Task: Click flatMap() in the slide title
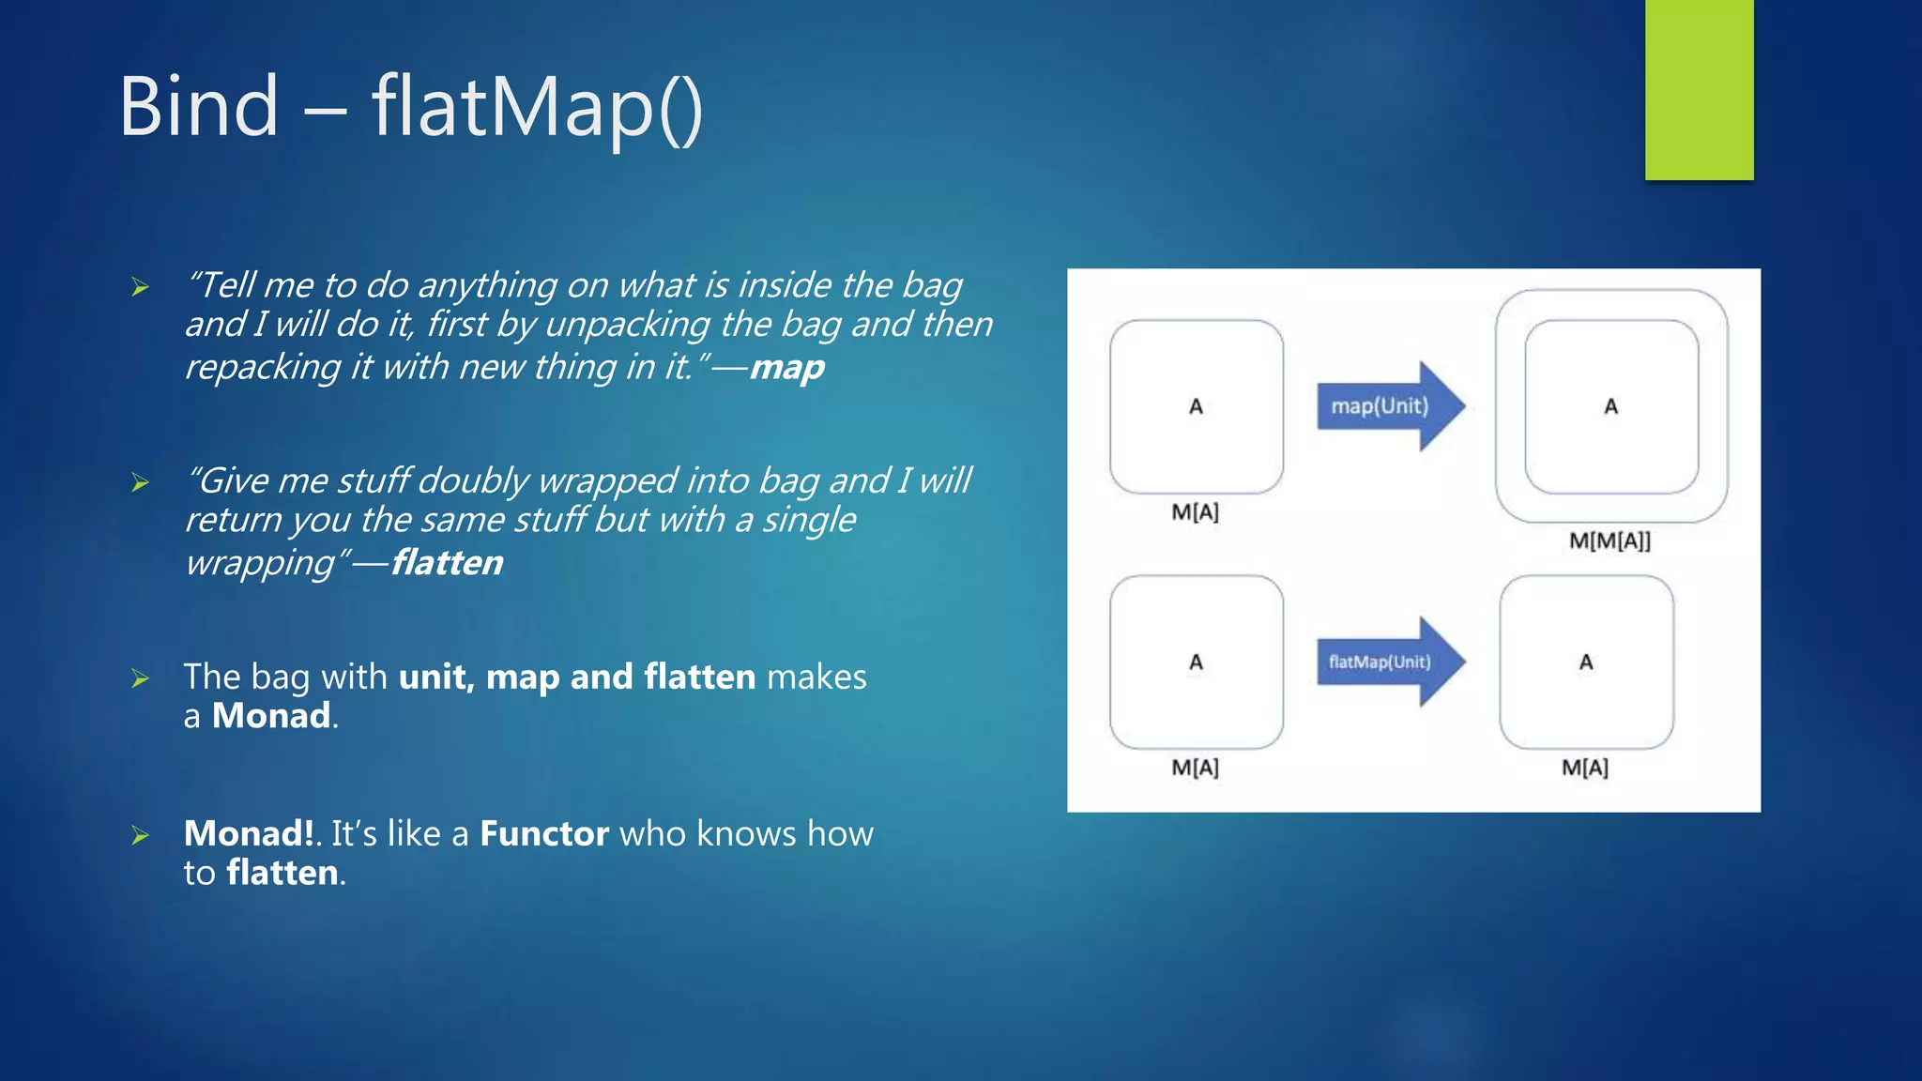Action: point(536,108)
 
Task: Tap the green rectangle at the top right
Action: point(1699,89)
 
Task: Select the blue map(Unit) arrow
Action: point(1389,406)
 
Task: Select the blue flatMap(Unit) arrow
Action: point(1389,662)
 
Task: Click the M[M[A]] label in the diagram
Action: point(1609,540)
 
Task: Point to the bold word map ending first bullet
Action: point(786,367)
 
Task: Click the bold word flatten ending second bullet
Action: point(447,563)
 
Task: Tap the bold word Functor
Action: point(544,833)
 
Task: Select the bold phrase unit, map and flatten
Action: point(576,677)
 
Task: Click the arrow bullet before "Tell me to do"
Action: point(141,287)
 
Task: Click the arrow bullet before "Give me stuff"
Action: point(141,483)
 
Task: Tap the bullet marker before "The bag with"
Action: point(141,678)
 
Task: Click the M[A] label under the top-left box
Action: point(1195,512)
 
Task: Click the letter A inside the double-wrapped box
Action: point(1610,406)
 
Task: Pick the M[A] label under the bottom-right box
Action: point(1584,768)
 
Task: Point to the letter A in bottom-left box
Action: point(1196,662)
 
